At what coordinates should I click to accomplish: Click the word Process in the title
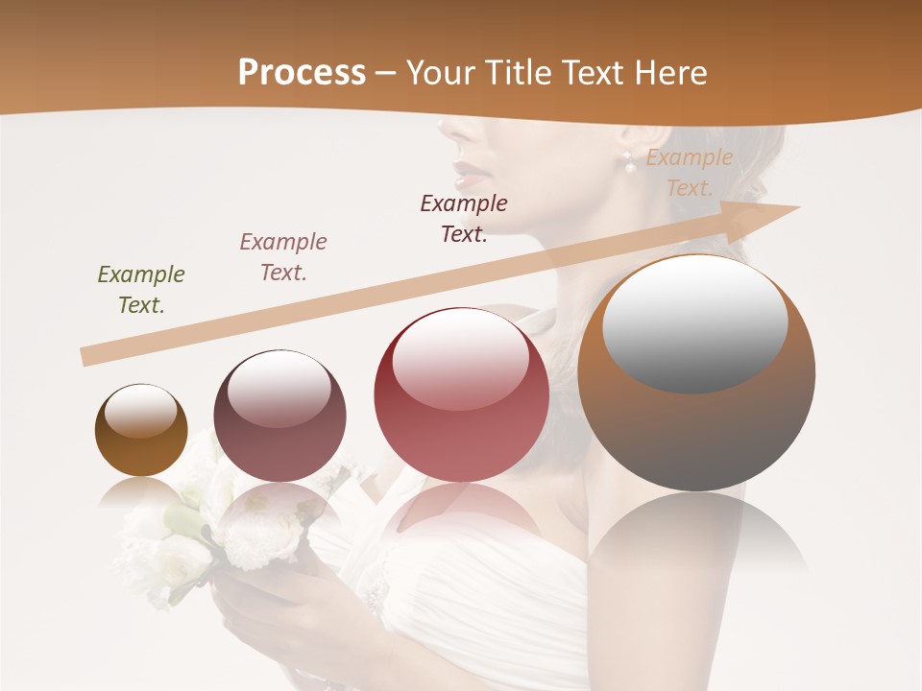(302, 73)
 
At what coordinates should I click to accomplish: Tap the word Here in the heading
(669, 73)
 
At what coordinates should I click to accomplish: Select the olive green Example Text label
(141, 289)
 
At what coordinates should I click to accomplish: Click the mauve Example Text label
(283, 256)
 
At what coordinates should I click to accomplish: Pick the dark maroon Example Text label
(464, 218)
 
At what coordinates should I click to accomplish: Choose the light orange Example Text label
(690, 173)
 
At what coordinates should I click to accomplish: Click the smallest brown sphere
(141, 430)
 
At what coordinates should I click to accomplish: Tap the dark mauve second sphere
(279, 416)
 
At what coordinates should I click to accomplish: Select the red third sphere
(461, 394)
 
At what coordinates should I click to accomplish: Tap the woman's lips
(468, 177)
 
